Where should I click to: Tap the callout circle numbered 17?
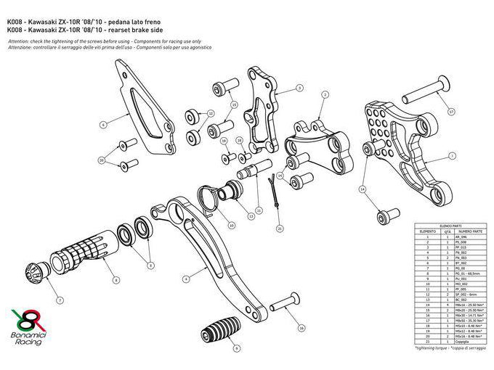click(x=451, y=112)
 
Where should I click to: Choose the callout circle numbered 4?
click(x=186, y=278)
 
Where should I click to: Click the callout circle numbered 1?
click(x=452, y=155)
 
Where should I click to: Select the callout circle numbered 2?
click(x=325, y=94)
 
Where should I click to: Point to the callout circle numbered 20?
click(x=101, y=159)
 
